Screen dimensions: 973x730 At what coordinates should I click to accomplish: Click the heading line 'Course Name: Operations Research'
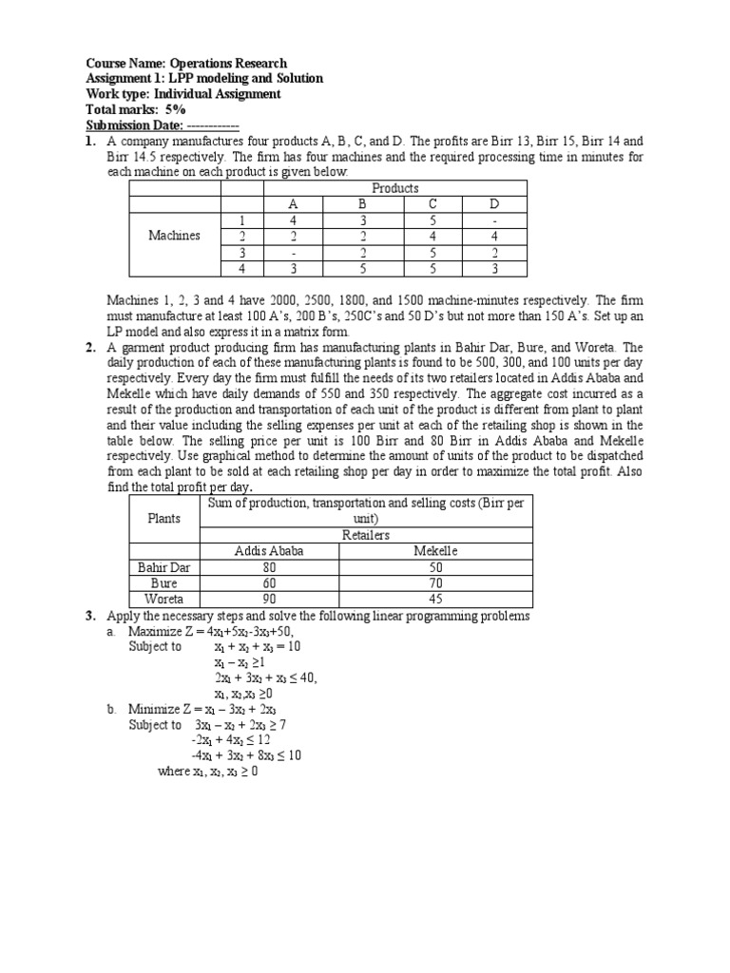186,63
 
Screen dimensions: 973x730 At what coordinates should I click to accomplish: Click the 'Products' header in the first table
395,188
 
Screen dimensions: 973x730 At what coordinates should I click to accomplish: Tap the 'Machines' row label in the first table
174,236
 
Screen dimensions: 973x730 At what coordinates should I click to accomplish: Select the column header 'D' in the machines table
492,204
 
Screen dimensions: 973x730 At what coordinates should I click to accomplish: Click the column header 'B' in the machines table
361,204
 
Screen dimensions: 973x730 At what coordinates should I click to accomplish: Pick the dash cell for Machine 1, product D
492,220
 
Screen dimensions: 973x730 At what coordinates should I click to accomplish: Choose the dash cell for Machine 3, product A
293,252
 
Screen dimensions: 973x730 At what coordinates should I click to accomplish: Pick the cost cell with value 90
269,599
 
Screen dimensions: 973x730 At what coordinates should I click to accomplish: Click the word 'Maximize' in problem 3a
158,631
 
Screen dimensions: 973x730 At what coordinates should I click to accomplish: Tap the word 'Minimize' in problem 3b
157,710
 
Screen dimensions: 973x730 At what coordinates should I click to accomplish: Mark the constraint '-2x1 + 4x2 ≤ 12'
232,740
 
